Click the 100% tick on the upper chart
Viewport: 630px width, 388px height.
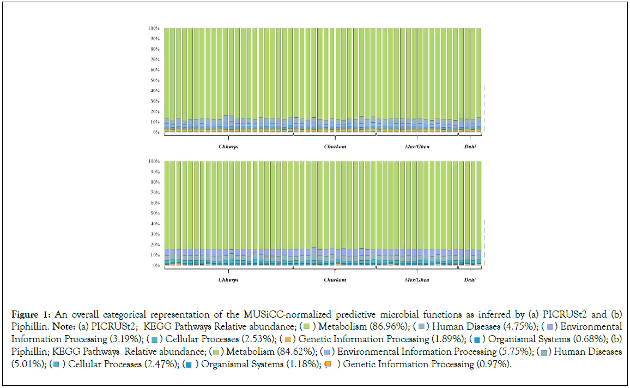(x=153, y=28)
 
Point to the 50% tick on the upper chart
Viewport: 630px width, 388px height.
(x=154, y=80)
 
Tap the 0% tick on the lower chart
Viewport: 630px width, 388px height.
(x=155, y=266)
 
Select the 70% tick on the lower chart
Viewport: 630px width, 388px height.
(x=154, y=193)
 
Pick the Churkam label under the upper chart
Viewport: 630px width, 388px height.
(x=335, y=147)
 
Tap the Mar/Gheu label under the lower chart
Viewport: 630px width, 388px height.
(x=417, y=280)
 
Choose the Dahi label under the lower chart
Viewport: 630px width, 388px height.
(x=470, y=280)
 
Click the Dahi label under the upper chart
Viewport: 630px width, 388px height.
(x=470, y=147)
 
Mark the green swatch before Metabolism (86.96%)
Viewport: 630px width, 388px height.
(x=306, y=327)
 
